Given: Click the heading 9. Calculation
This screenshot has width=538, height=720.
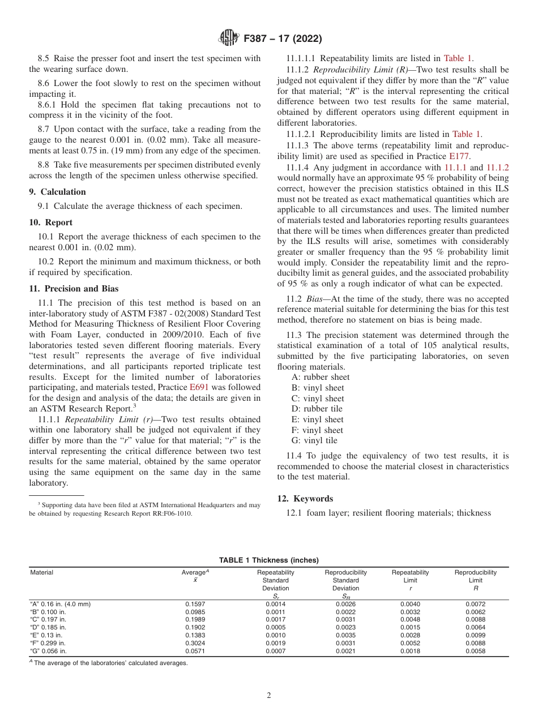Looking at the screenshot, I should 57,192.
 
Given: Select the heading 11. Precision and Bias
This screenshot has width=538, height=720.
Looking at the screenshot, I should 74,289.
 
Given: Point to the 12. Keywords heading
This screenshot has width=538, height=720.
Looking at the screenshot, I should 305,499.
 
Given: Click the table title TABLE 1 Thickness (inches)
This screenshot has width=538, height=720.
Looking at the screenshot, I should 269,560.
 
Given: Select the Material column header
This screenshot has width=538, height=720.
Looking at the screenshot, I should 41,572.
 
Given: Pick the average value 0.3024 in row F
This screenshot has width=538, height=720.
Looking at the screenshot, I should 195,643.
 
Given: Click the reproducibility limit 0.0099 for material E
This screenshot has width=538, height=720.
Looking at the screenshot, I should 475,635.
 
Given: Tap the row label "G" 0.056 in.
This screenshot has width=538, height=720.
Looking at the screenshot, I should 48,651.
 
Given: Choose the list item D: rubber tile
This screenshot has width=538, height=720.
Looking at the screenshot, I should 317,409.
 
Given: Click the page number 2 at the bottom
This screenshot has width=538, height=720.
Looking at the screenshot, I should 269,696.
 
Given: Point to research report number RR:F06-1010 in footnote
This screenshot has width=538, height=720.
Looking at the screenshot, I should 171,513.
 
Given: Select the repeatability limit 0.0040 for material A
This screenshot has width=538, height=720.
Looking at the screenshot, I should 410,604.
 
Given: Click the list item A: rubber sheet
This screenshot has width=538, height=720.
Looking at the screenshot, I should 321,377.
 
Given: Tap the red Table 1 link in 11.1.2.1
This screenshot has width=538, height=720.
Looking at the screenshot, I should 466,134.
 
